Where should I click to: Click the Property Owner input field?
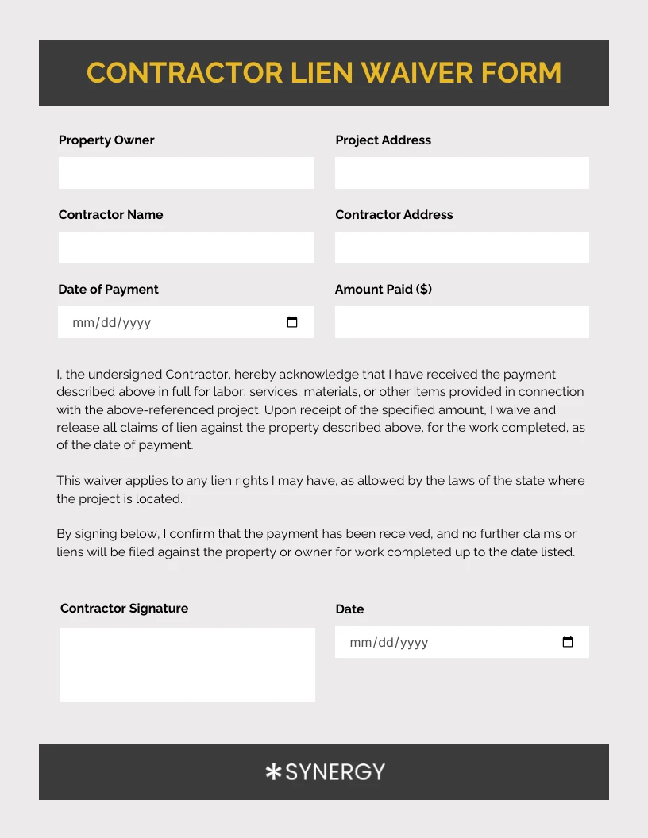pyautogui.click(x=186, y=172)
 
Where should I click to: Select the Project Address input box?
pyautogui.click(x=461, y=172)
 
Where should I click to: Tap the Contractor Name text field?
pyautogui.click(x=186, y=247)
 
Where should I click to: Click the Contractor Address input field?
pyautogui.click(x=461, y=247)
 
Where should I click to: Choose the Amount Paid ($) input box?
pyautogui.click(x=461, y=321)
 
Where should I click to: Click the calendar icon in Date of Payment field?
pyautogui.click(x=292, y=322)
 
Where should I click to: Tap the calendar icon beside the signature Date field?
pyautogui.click(x=568, y=642)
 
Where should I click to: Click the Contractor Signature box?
pyautogui.click(x=187, y=664)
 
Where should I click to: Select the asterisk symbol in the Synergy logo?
pyautogui.click(x=273, y=771)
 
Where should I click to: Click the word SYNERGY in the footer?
pyautogui.click(x=334, y=771)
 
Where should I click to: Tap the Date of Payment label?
pyautogui.click(x=108, y=289)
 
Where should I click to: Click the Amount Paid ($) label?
pyautogui.click(x=383, y=289)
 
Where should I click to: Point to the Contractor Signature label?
pyautogui.click(x=124, y=608)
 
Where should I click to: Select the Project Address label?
pyautogui.click(x=383, y=140)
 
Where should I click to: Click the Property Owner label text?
pyautogui.click(x=106, y=140)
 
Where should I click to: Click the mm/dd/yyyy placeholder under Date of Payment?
pyautogui.click(x=111, y=323)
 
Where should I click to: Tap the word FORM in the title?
pyautogui.click(x=521, y=72)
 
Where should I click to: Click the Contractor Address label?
pyautogui.click(x=394, y=214)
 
